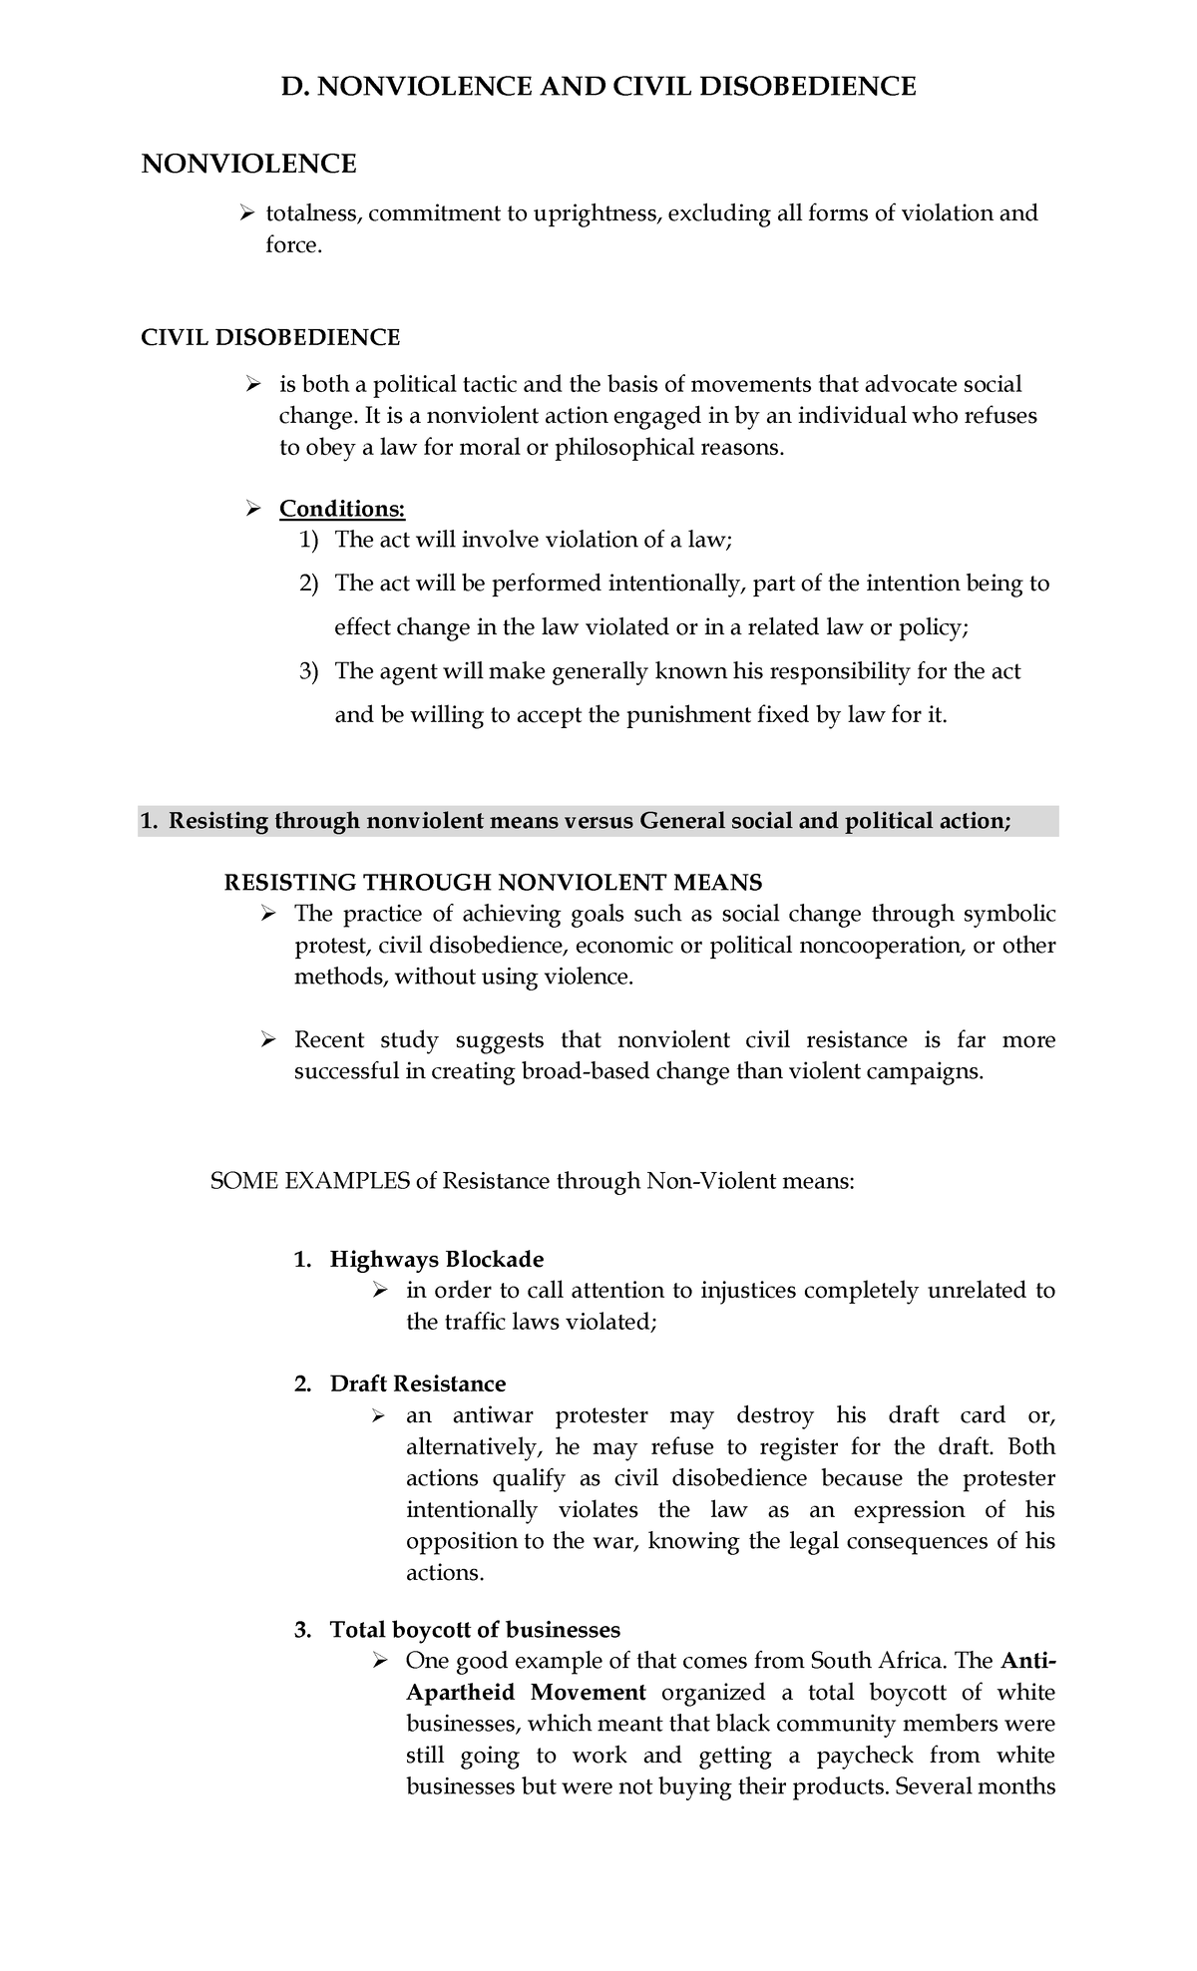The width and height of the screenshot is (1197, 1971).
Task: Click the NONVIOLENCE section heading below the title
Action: click(248, 164)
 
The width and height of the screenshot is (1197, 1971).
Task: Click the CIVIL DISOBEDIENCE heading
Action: click(270, 337)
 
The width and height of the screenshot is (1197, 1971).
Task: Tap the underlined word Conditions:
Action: click(342, 509)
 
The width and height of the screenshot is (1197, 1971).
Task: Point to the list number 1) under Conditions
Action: click(309, 541)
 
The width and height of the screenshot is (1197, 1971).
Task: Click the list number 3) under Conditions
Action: click(309, 671)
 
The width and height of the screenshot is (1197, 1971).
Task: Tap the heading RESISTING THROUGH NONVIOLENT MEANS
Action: click(494, 882)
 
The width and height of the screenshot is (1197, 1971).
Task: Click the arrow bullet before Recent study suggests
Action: click(267, 1040)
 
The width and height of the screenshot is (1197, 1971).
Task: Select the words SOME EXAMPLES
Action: click(310, 1182)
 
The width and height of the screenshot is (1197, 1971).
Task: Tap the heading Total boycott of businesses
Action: click(475, 1630)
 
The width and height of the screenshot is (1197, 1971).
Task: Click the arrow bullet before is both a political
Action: click(253, 385)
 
